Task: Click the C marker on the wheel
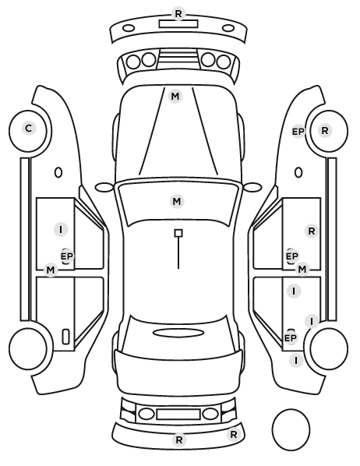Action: pyautogui.click(x=29, y=129)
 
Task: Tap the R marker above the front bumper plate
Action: pyautogui.click(x=178, y=13)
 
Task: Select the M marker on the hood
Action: pyautogui.click(x=175, y=97)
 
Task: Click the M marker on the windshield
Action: pyautogui.click(x=177, y=202)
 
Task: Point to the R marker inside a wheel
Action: pyautogui.click(x=325, y=130)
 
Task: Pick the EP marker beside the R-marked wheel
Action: pyautogui.click(x=298, y=132)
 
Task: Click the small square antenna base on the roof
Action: pyautogui.click(x=178, y=233)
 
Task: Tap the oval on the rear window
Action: pyautogui.click(x=178, y=333)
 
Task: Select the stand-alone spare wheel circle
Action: pyautogui.click(x=291, y=429)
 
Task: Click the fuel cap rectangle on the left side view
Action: pyautogui.click(x=65, y=337)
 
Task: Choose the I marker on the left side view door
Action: pyautogui.click(x=61, y=230)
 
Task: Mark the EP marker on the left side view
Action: pyautogui.click(x=67, y=256)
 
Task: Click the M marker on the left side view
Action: pyautogui.click(x=51, y=270)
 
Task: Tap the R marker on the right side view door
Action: pyautogui.click(x=312, y=231)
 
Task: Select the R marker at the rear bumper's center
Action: pyautogui.click(x=179, y=440)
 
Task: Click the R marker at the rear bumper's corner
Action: pyautogui.click(x=233, y=435)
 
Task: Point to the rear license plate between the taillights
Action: pyautogui.click(x=178, y=414)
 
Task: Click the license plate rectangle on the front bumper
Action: pyautogui.click(x=178, y=24)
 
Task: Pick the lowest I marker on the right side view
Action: pyautogui.click(x=296, y=360)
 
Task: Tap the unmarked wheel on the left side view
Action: pyautogui.click(x=28, y=348)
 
